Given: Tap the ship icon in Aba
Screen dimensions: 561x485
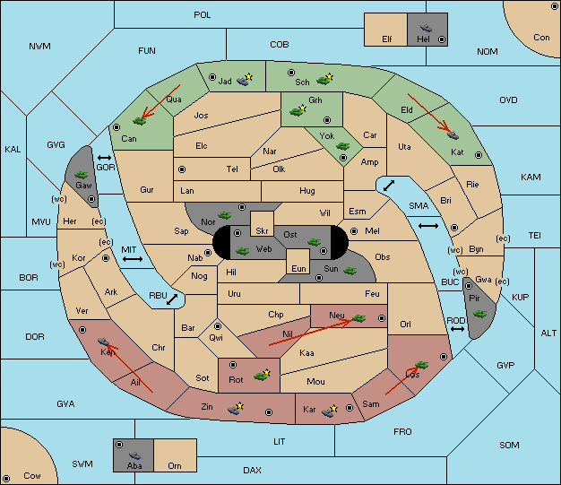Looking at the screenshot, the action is click(x=135, y=455).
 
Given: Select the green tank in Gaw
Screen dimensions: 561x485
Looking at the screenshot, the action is click(x=82, y=175).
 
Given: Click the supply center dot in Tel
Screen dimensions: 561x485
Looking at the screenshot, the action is click(x=182, y=169).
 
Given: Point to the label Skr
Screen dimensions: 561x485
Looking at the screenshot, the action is click(x=262, y=231).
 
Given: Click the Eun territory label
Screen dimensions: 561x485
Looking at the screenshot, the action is click(x=298, y=268).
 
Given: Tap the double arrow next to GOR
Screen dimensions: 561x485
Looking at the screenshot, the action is click(x=105, y=158).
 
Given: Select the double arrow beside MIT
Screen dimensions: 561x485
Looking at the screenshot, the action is click(x=133, y=259).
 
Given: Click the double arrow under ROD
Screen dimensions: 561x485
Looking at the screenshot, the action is click(x=457, y=329).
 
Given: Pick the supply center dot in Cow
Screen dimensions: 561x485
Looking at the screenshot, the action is click(x=6, y=479).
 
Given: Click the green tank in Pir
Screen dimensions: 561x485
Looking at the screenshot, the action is click(x=479, y=314).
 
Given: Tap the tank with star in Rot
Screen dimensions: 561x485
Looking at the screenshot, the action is click(x=263, y=375).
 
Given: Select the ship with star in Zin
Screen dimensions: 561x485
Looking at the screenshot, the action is click(x=236, y=409).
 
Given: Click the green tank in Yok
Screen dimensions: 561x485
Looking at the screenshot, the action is click(x=342, y=146).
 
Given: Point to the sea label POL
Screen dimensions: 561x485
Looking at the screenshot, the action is click(x=203, y=15).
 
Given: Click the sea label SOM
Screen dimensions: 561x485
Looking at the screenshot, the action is click(x=509, y=445).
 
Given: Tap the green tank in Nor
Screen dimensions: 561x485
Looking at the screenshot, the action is click(x=225, y=215).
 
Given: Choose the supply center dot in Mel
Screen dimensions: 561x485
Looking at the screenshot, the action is click(x=354, y=231).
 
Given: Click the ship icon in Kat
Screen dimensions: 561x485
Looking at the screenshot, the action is click(x=453, y=135).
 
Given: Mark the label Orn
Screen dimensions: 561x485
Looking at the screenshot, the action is click(x=175, y=465).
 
